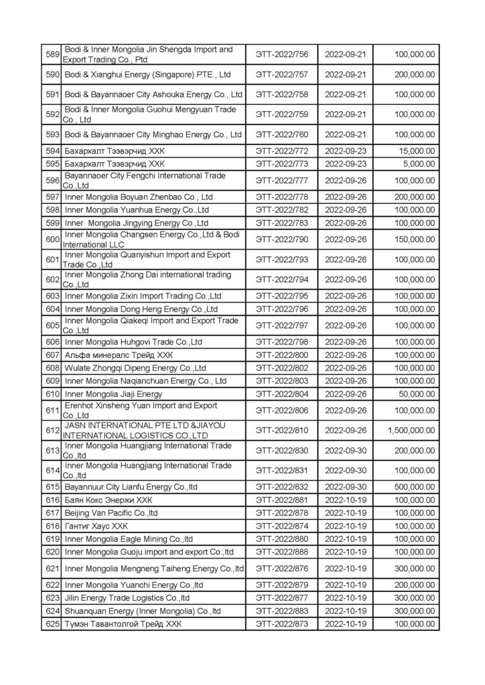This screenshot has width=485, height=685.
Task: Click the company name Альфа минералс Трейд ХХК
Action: (119, 355)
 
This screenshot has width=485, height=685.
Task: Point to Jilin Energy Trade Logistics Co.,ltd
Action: (127, 598)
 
